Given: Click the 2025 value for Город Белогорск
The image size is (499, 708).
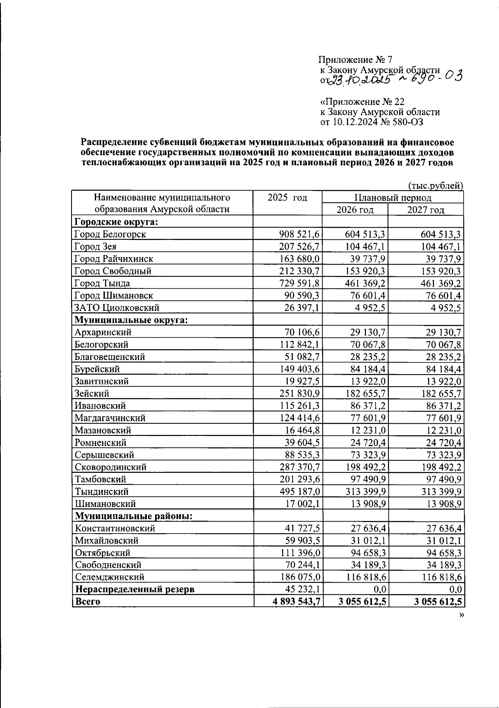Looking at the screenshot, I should (299, 234).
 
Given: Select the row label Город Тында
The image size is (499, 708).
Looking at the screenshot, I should (102, 283).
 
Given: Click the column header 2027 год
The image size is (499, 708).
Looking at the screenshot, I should (425, 210).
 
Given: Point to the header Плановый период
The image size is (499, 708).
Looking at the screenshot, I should (393, 198).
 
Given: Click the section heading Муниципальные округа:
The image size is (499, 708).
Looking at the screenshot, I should (131, 320).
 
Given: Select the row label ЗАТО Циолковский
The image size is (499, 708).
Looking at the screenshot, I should (117, 308).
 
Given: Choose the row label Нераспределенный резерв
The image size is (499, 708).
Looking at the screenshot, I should (134, 589).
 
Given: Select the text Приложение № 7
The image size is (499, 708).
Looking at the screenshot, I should (356, 60).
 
